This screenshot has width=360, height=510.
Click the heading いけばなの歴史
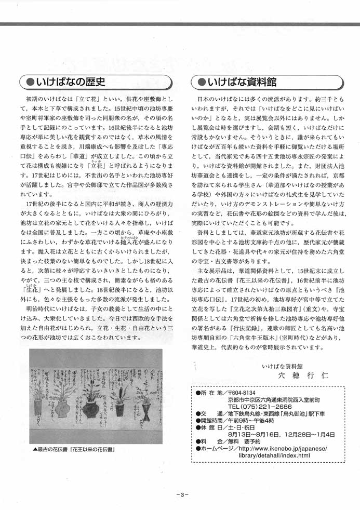[71, 82]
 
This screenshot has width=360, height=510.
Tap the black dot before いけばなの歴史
[30, 82]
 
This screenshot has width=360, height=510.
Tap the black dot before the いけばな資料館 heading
[201, 82]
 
